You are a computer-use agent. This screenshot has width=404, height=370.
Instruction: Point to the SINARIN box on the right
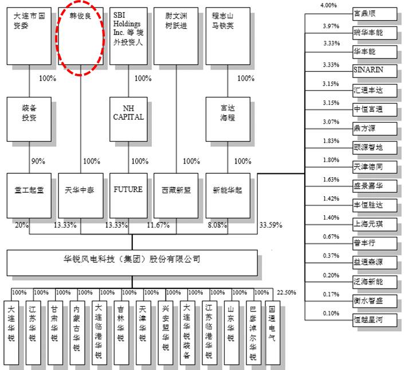coord(373,70)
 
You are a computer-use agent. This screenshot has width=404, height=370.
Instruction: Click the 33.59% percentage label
coord(270,225)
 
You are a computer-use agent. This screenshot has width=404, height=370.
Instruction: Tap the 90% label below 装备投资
coord(38,161)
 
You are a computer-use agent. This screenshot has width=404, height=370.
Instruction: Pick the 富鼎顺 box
coord(373,13)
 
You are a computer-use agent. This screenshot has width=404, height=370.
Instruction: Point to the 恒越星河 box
coord(373,319)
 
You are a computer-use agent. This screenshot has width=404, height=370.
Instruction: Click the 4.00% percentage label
coord(330,5)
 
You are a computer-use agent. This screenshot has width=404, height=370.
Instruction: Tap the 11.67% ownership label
coord(158,225)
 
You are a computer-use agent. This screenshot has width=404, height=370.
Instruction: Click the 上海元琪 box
coord(373,223)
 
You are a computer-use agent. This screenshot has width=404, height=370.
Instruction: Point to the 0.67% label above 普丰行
coord(331,236)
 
